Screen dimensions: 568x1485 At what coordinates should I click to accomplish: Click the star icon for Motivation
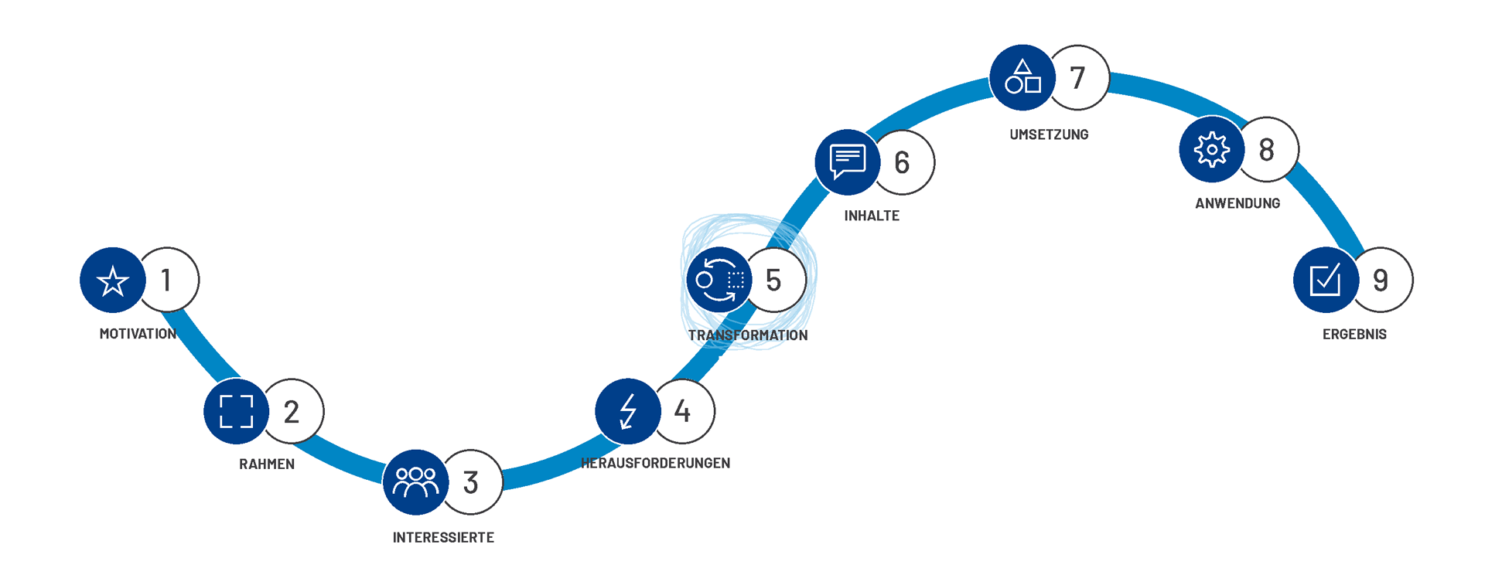113,281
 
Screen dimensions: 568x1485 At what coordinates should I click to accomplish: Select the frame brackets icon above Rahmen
237,411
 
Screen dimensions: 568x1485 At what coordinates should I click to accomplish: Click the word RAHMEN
267,464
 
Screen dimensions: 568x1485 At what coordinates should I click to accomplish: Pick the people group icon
416,482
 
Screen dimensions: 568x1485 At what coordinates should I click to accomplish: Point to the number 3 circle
473,482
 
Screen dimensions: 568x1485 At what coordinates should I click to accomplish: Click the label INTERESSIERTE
443,538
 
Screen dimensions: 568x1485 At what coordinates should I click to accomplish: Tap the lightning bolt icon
628,411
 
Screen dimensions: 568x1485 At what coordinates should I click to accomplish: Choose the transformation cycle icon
719,280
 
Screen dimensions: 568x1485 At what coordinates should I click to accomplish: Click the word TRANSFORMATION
748,335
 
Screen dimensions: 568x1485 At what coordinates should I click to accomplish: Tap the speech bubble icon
848,162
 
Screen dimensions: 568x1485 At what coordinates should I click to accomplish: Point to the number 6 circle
904,162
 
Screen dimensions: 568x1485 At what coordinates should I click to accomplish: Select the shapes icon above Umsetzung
1022,78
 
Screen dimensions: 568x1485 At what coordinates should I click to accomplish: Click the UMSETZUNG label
1049,134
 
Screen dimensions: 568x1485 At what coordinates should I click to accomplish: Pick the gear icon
1212,150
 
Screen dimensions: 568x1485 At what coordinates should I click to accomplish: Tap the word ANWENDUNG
1237,203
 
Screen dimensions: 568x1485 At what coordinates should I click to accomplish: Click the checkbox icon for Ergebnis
1326,280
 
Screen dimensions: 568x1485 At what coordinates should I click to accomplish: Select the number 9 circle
1382,280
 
